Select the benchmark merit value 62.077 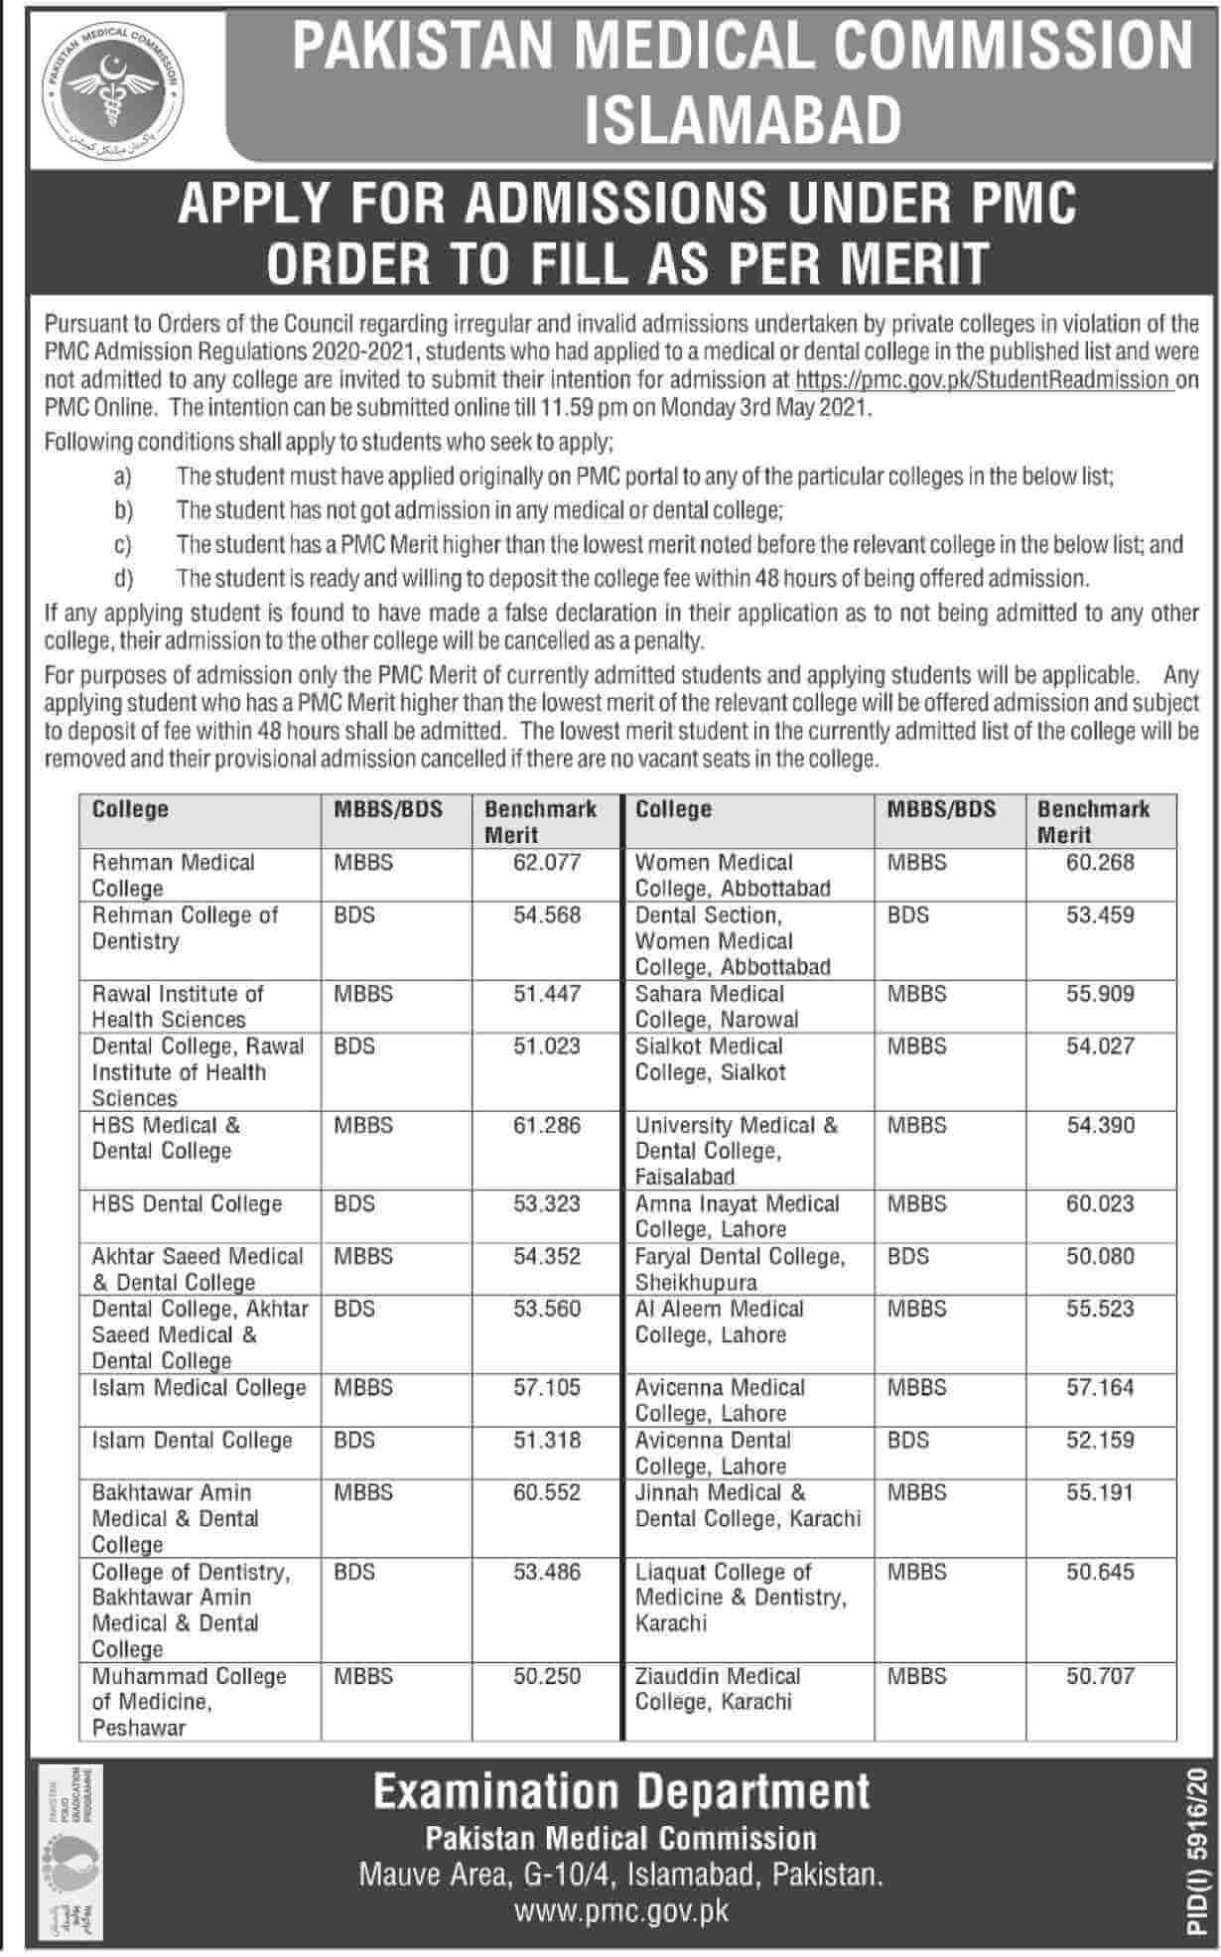547,863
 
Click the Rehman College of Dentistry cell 185,927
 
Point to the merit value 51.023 547,1047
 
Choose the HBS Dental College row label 187,1204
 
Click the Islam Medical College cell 199,1388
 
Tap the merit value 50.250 547,1677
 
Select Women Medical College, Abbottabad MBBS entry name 732,875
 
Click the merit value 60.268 1100,863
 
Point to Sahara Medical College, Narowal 717,1006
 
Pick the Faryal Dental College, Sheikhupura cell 740,1269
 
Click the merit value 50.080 1100,1257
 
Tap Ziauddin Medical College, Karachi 717,1689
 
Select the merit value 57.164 1100,1388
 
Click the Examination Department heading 621,1792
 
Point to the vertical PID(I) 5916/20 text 1199,1847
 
